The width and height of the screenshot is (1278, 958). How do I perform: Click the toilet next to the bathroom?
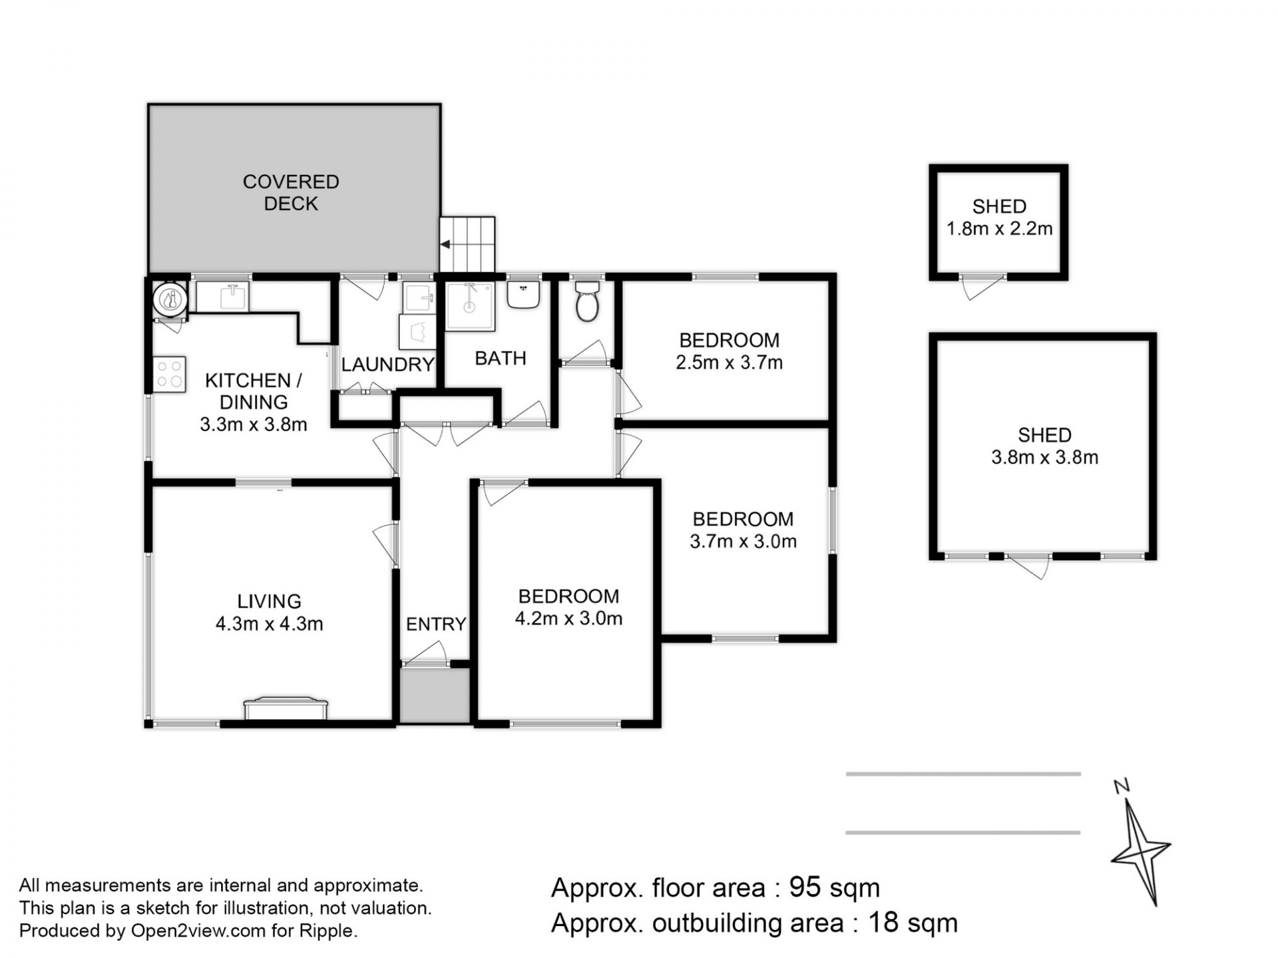587,301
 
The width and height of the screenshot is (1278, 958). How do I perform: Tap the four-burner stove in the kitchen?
169,375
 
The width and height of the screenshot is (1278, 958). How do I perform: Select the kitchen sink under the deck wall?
222,297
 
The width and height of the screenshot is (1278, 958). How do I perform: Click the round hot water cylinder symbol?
170,298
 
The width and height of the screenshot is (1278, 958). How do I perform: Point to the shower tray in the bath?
470,306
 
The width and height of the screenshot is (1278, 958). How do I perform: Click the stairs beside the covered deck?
467,244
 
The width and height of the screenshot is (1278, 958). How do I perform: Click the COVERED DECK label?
291,192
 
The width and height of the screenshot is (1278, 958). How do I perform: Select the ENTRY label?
436,624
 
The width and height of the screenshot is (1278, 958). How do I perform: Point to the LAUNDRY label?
387,365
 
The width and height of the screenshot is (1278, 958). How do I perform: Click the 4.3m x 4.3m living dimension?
270,624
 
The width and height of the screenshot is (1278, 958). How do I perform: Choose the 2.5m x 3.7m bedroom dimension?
730,363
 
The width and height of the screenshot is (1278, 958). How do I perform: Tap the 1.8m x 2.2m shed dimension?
1000,229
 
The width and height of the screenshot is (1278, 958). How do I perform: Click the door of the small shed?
982,287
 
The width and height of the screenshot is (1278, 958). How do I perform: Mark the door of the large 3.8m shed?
1029,565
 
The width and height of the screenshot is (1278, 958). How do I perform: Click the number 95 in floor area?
805,887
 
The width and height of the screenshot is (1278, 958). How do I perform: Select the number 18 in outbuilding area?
883,923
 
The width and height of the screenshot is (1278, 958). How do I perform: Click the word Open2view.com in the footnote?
198,931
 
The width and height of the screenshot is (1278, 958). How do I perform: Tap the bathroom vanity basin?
523,294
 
